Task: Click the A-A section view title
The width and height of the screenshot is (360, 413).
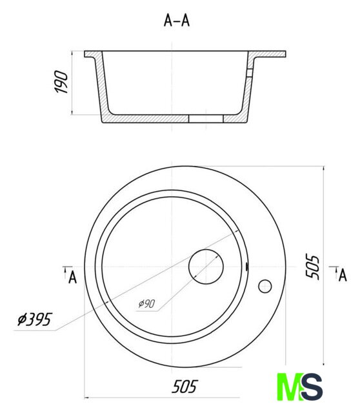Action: tap(176, 21)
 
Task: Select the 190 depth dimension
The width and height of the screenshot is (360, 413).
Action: tap(61, 82)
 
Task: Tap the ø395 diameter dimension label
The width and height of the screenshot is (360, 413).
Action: tap(35, 319)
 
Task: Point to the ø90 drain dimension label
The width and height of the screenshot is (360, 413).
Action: tap(147, 304)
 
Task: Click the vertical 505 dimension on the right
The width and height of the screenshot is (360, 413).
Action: tap(312, 267)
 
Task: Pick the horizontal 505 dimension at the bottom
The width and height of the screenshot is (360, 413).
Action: tap(185, 387)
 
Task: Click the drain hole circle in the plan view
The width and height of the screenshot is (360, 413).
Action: tap(206, 267)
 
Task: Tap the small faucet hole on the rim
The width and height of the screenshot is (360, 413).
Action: tap(265, 287)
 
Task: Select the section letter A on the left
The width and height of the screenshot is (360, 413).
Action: tap(73, 277)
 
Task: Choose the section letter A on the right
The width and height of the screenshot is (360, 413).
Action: tap(343, 276)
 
